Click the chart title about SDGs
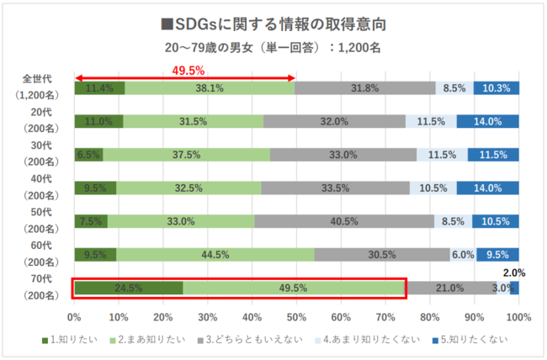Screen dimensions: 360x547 pyautogui.click(x=273, y=21)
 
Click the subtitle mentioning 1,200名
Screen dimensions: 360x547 pyautogui.click(x=273, y=47)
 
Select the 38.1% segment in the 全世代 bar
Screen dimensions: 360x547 pyautogui.click(x=210, y=87)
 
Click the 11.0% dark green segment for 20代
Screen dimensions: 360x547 pyautogui.click(x=98, y=121)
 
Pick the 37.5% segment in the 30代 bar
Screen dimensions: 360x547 pyautogui.click(x=187, y=155)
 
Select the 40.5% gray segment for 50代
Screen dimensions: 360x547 pyautogui.click(x=343, y=222)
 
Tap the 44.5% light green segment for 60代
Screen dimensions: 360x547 pyautogui.click(x=215, y=255)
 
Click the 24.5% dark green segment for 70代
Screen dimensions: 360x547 pyautogui.click(x=128, y=289)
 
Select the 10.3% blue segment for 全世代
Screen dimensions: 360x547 pyautogui.click(x=496, y=87)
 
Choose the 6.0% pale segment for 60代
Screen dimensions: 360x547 pyautogui.click(x=462, y=255)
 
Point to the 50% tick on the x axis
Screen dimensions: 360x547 pyautogui.click(x=296, y=318)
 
